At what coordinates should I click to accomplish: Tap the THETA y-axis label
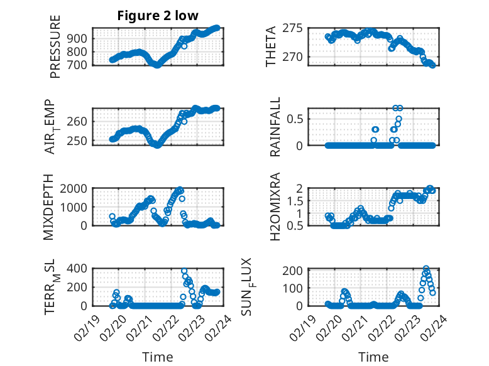tap(271, 46)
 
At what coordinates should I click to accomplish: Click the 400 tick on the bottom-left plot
tap(79, 269)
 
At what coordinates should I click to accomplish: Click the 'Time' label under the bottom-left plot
tap(158, 357)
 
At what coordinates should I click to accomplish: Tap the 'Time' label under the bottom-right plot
tap(373, 357)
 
